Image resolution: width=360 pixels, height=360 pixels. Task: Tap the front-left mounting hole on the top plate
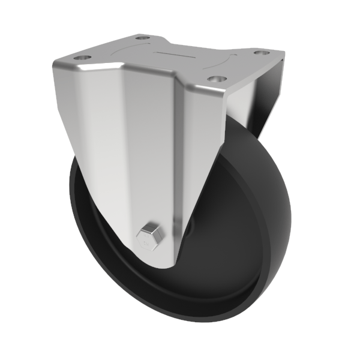point(81,58)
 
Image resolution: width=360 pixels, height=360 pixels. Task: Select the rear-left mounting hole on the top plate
point(142,38)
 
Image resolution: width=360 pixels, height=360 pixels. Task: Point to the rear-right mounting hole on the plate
point(259,53)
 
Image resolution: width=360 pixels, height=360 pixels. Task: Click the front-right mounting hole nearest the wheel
point(217,79)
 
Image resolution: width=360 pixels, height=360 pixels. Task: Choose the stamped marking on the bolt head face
point(143,241)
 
